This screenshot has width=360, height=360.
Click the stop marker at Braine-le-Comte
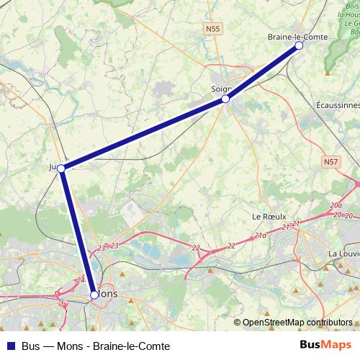click(x=299, y=45)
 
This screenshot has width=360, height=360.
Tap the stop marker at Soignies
click(x=225, y=99)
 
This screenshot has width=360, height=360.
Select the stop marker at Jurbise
click(x=61, y=168)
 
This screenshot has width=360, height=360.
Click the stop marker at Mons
click(x=94, y=294)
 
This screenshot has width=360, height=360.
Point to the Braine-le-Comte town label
click(x=297, y=36)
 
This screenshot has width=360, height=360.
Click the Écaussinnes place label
click(x=338, y=104)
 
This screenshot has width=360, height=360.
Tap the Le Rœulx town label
click(x=269, y=216)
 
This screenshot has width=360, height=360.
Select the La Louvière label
click(x=343, y=253)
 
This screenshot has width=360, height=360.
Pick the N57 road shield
click(x=330, y=162)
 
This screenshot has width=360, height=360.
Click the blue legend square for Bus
click(x=10, y=346)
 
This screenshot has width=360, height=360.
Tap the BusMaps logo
click(x=325, y=345)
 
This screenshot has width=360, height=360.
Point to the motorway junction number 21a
click(x=261, y=235)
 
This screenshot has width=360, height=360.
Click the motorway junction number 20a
click(x=336, y=206)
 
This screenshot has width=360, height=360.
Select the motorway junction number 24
click(x=80, y=279)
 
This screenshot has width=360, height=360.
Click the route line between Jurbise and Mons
click(x=78, y=231)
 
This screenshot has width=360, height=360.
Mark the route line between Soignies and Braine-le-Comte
click(x=262, y=72)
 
